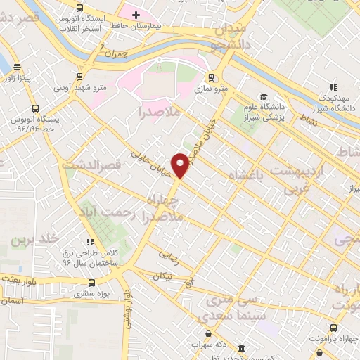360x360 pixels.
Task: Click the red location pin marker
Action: [181, 164]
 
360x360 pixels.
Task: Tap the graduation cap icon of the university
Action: [263, 96]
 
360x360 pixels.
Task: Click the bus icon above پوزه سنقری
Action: [91, 283]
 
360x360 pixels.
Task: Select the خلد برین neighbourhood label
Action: [32, 239]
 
